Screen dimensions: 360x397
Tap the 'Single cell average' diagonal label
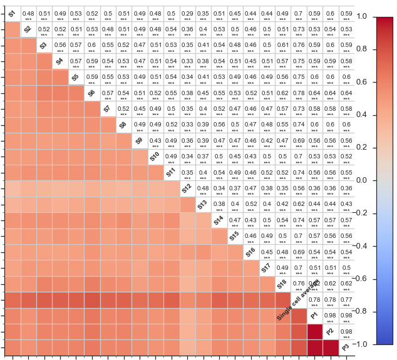[298, 299]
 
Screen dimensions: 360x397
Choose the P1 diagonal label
[314, 316]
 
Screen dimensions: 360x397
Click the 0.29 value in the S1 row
[187, 13]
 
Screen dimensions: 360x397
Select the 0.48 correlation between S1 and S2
[28, 13]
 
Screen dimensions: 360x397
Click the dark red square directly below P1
[314, 331]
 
